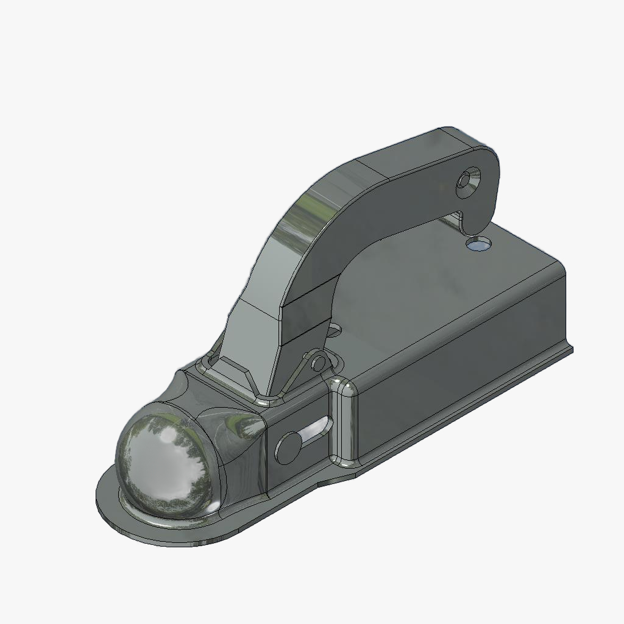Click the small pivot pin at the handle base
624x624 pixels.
(318, 364)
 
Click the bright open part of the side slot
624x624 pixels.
(317, 429)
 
